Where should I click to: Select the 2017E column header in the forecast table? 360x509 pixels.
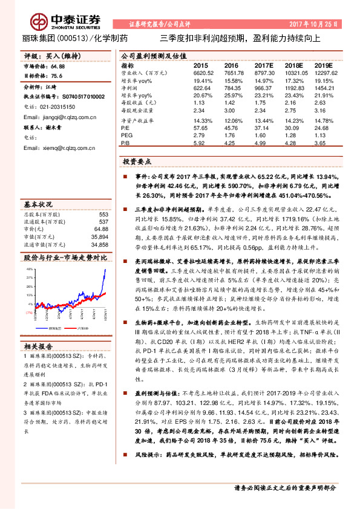(x=264, y=65)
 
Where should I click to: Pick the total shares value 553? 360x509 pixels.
(x=103, y=215)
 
